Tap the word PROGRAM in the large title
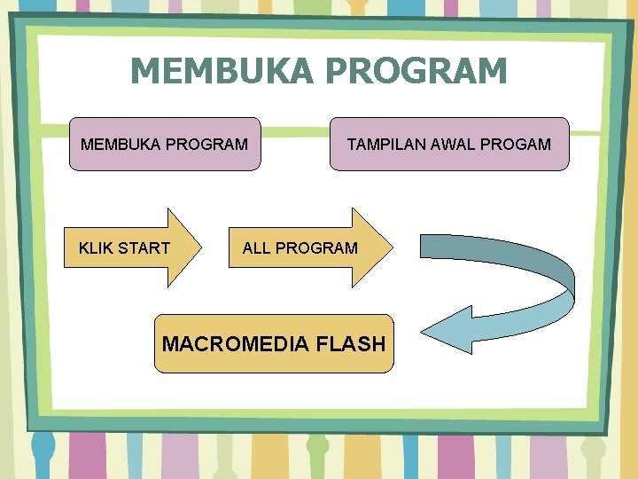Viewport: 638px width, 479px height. coord(421,71)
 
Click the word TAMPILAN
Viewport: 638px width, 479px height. coord(383,144)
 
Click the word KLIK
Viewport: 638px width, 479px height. coord(96,248)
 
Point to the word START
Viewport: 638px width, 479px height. coord(144,248)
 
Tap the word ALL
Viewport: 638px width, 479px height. coord(256,248)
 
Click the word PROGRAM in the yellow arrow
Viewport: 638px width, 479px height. coord(316,248)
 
